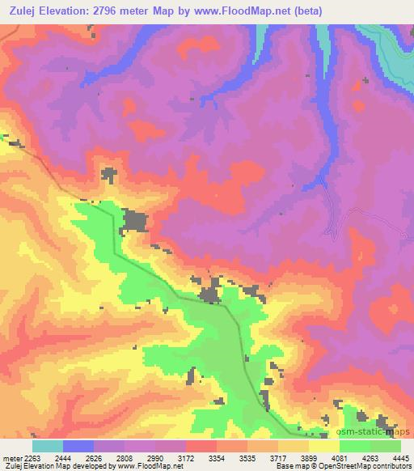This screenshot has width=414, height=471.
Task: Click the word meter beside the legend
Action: (x=11, y=457)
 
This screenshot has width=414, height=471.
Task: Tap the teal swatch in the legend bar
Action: (x=47, y=446)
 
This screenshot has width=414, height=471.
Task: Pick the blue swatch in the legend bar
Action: (x=78, y=446)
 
